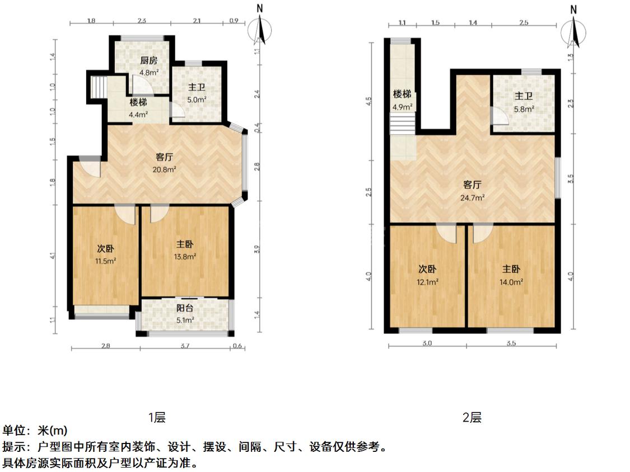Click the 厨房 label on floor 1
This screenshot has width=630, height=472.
pyautogui.click(x=148, y=60)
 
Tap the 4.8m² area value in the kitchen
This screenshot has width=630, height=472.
pyautogui.click(x=149, y=72)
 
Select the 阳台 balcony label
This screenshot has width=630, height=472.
pyautogui.click(x=185, y=308)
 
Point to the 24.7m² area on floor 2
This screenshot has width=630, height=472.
pyautogui.click(x=474, y=197)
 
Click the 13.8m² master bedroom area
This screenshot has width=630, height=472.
pyautogui.click(x=185, y=257)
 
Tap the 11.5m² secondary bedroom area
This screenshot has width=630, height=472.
pyautogui.click(x=105, y=261)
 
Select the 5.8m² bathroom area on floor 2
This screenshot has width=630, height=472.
pyautogui.click(x=524, y=108)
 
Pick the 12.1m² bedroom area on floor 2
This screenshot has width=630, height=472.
pyautogui.click(x=428, y=281)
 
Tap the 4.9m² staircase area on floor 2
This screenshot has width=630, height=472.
pyautogui.click(x=403, y=106)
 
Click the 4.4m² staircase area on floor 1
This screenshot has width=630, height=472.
pyautogui.click(x=138, y=115)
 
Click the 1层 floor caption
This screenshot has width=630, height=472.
pyautogui.click(x=156, y=417)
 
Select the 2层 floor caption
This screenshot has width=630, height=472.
pyautogui.click(x=472, y=417)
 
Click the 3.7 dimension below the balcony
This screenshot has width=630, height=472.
pyautogui.click(x=185, y=347)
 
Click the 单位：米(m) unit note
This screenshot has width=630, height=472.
pyautogui.click(x=35, y=431)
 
